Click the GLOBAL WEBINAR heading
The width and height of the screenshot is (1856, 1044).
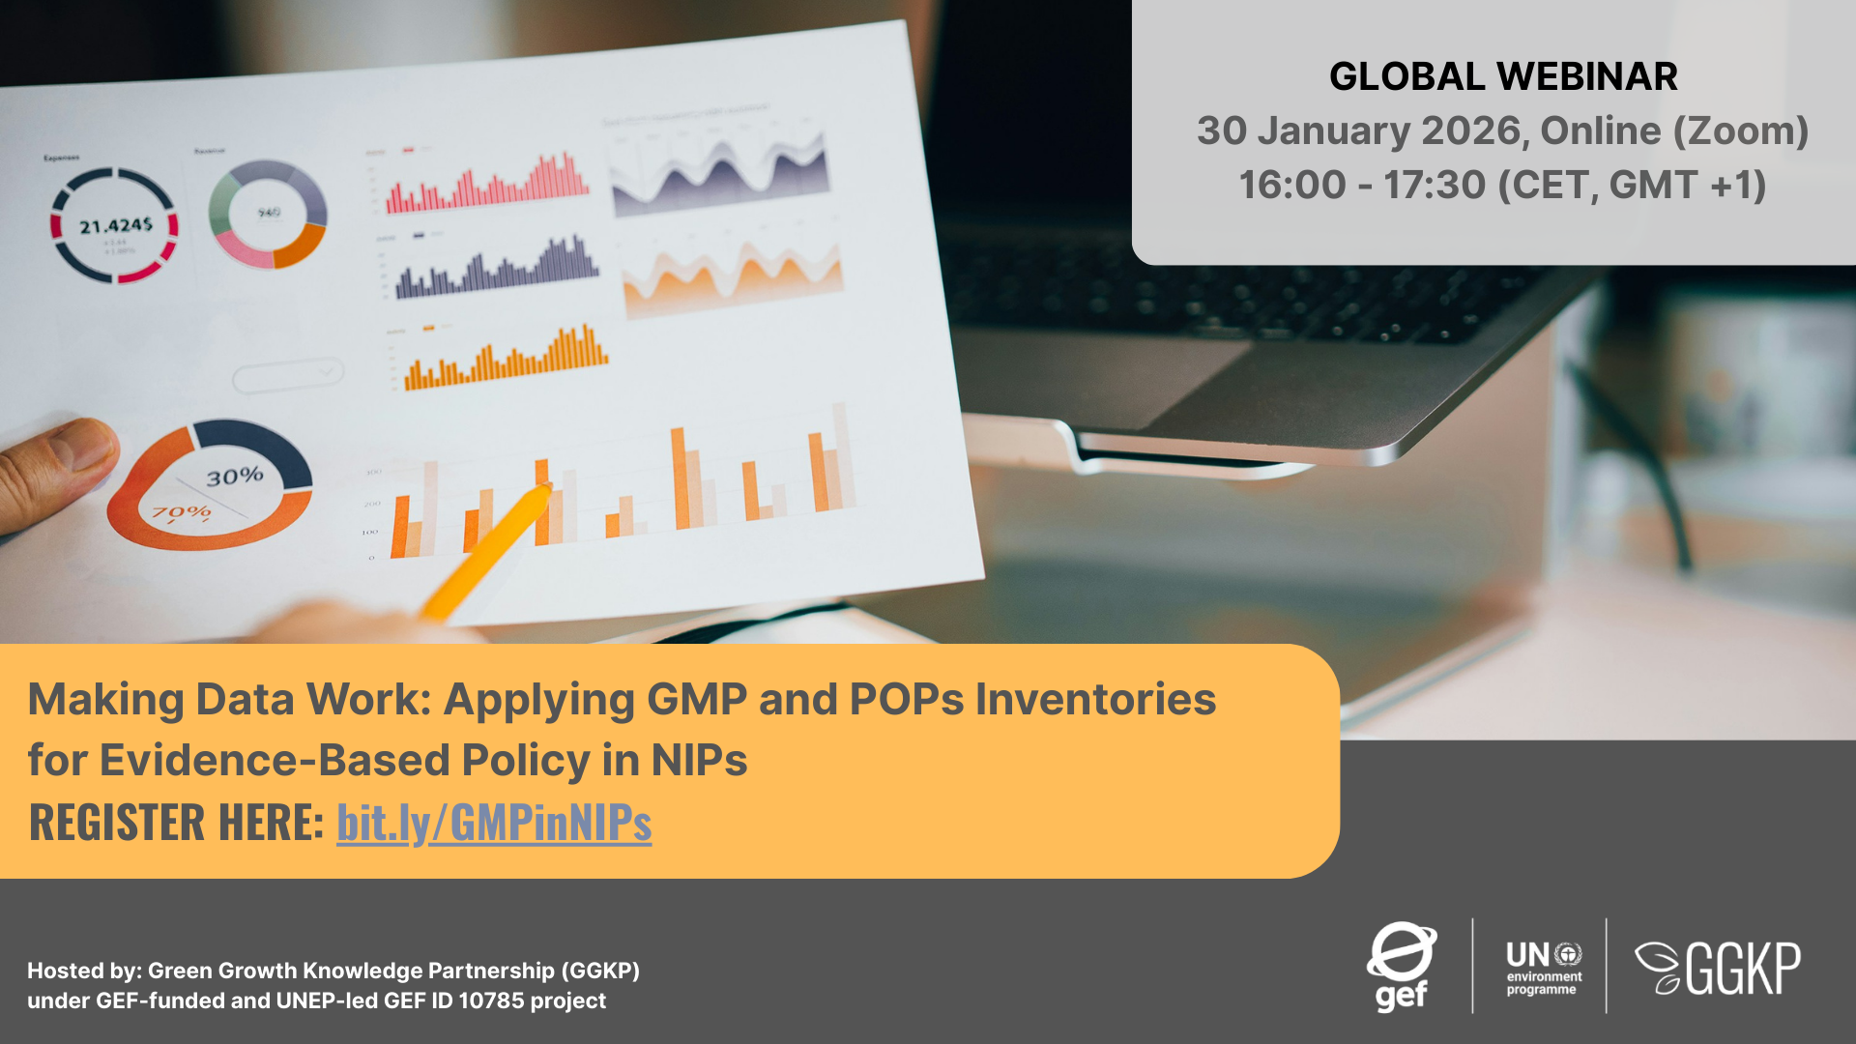pyautogui.click(x=1502, y=76)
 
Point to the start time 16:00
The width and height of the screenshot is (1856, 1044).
pyautogui.click(x=1291, y=185)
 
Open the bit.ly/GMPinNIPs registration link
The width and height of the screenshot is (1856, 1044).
pyautogui.click(x=494, y=823)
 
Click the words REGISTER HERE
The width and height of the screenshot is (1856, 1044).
pyautogui.click(x=176, y=823)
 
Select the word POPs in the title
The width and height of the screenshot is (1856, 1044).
pyautogui.click(x=906, y=699)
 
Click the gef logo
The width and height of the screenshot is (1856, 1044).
pyautogui.click(x=1401, y=966)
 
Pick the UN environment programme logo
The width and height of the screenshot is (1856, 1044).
pyautogui.click(x=1543, y=967)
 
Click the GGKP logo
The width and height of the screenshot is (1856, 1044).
pyautogui.click(x=1718, y=968)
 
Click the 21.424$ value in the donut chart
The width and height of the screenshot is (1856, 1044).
pyautogui.click(x=115, y=226)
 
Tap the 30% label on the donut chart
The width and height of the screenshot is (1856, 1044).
pyautogui.click(x=235, y=477)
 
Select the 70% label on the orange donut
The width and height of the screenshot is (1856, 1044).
pyautogui.click(x=181, y=512)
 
